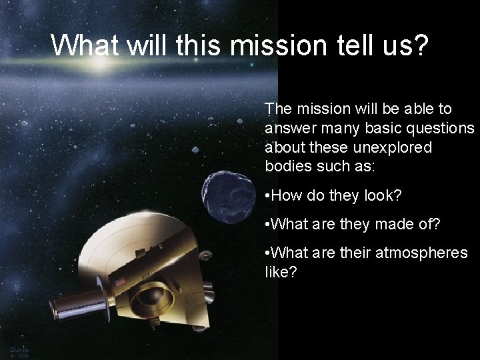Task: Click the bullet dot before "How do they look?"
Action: coord(267,195)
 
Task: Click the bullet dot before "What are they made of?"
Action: coord(267,224)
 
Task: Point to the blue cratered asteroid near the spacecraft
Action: coord(228,193)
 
